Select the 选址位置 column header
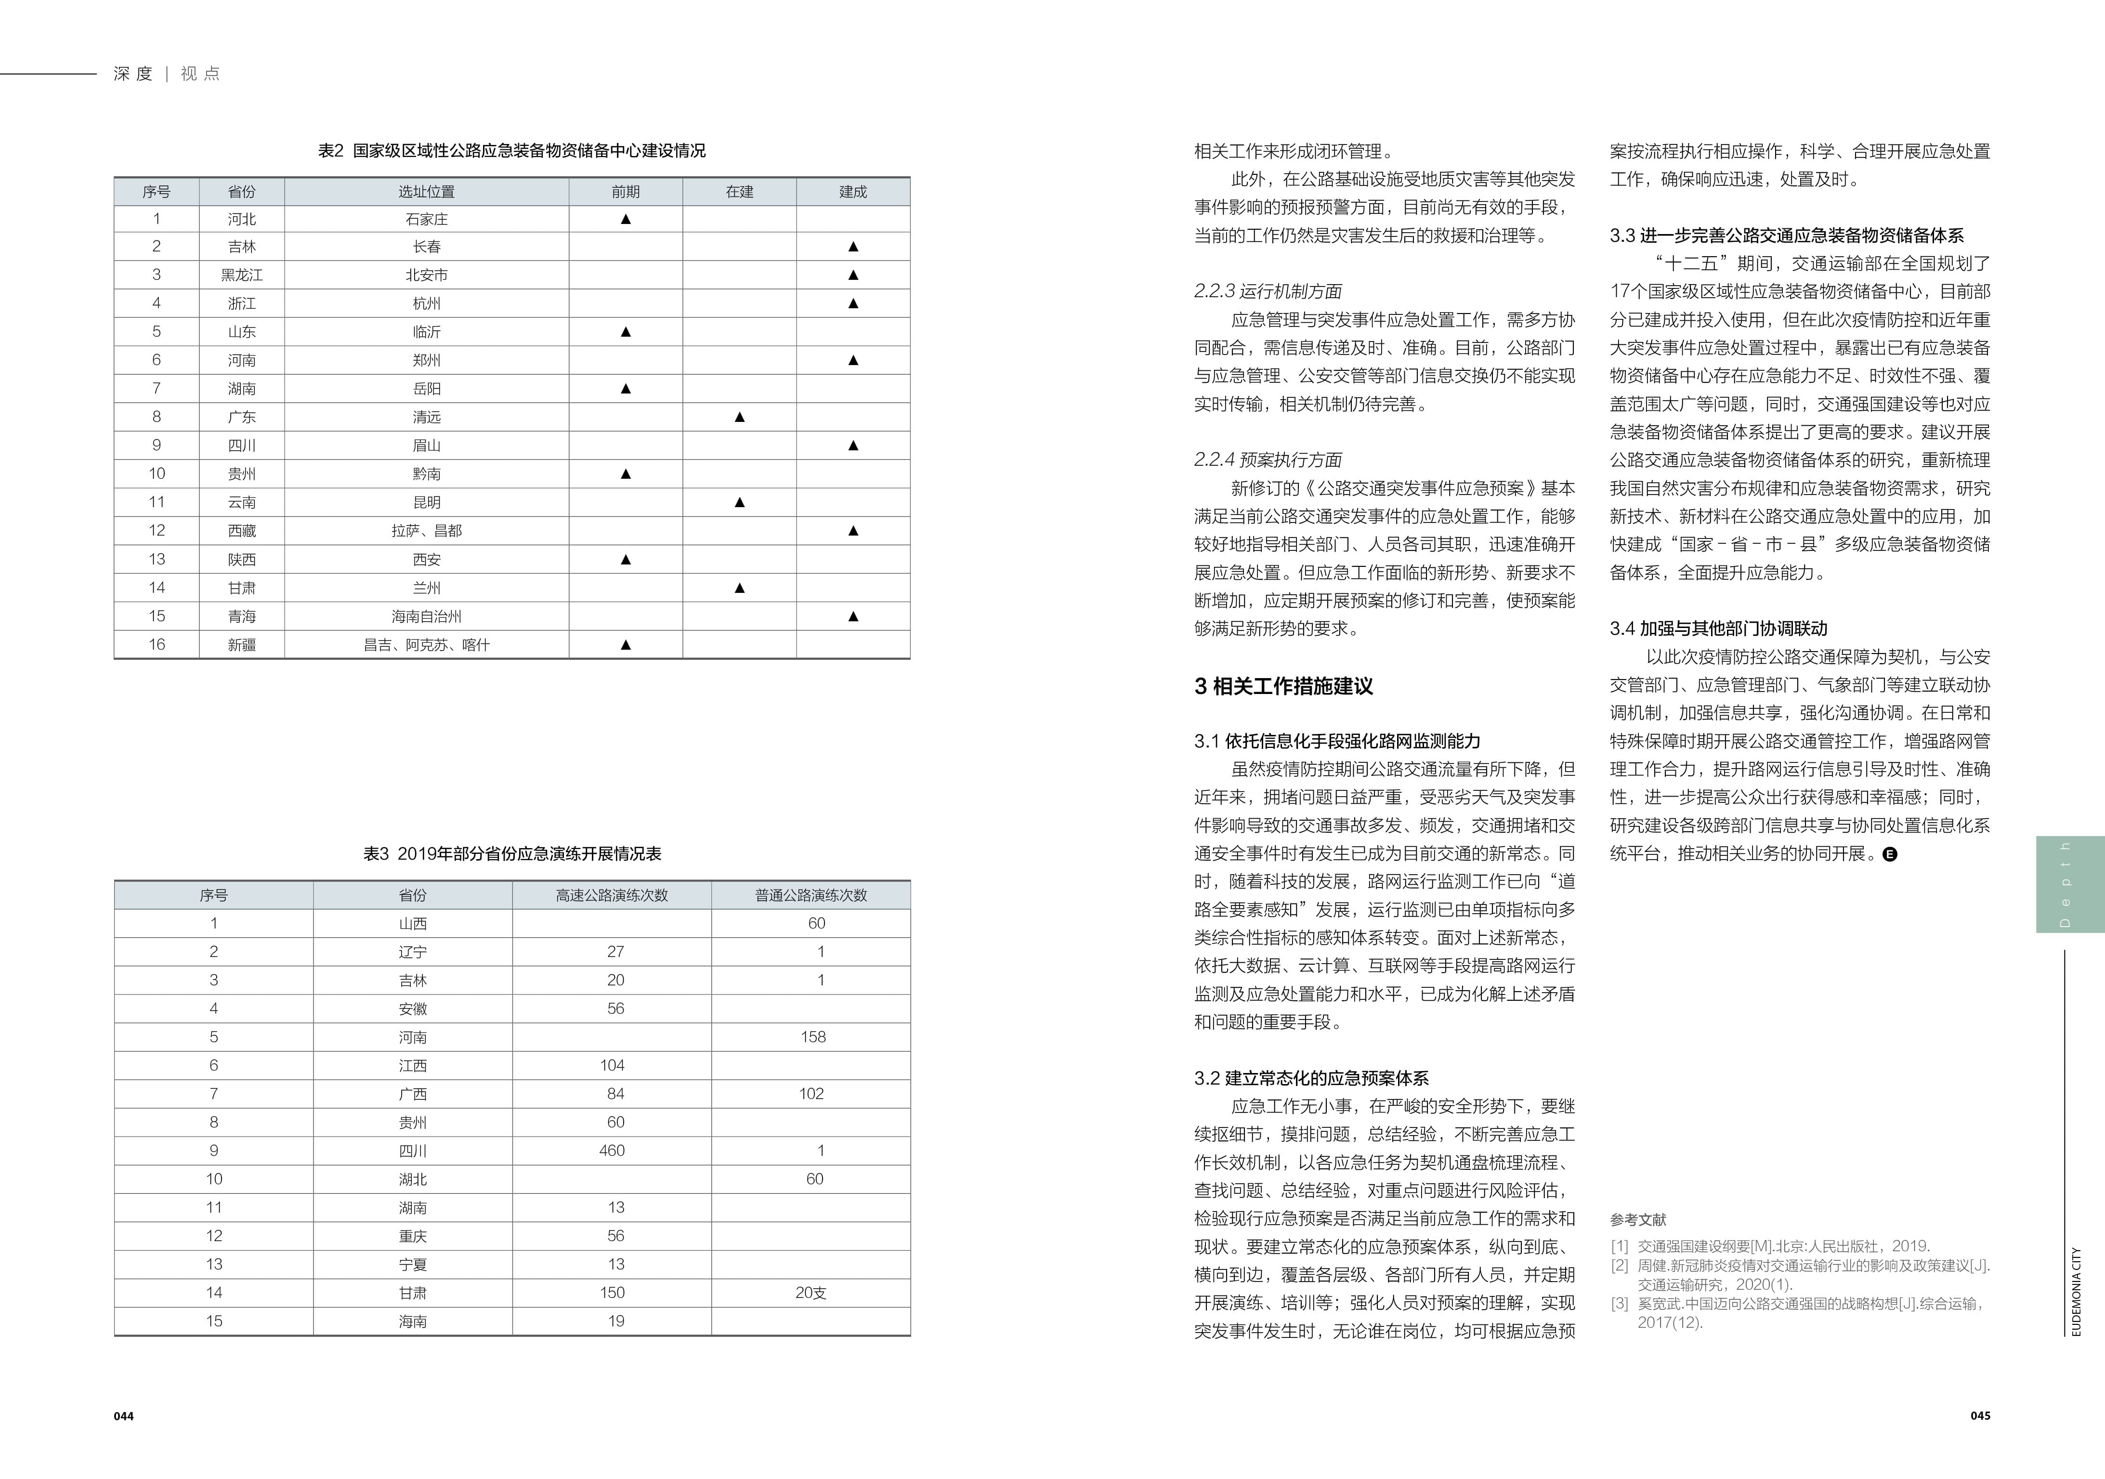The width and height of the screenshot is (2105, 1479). (426, 192)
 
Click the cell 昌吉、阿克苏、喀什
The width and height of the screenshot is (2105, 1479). (426, 644)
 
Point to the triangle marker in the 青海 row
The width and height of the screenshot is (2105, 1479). (852, 616)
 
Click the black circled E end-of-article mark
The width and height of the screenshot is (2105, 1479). (1890, 854)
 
